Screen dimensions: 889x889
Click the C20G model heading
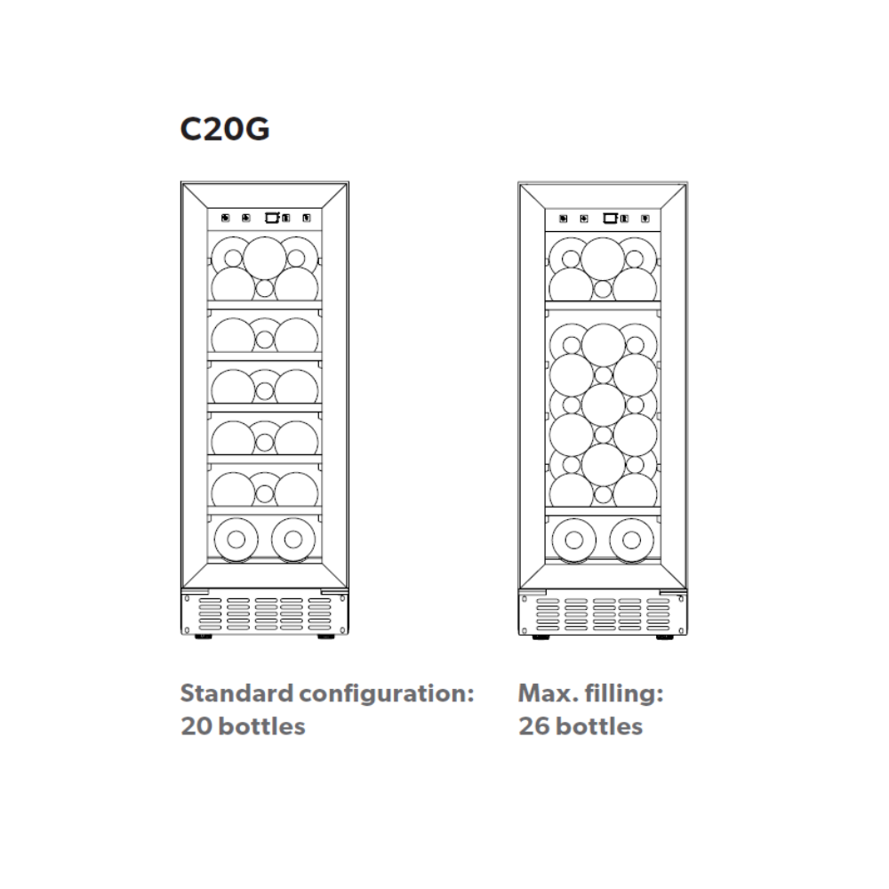click(x=225, y=128)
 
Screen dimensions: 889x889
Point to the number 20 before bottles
click(x=196, y=726)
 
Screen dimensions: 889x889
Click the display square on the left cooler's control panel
click(x=272, y=216)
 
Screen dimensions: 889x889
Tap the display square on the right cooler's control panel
click(x=610, y=216)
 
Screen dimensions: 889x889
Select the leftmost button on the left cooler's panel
click(x=224, y=217)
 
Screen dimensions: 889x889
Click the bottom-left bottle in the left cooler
click(x=236, y=538)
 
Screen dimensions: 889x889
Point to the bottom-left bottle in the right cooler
click(x=573, y=540)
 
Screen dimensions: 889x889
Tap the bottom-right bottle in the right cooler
click(x=630, y=540)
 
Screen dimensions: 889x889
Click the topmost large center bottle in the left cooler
click(x=264, y=256)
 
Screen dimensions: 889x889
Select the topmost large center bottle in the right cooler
click(x=603, y=256)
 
